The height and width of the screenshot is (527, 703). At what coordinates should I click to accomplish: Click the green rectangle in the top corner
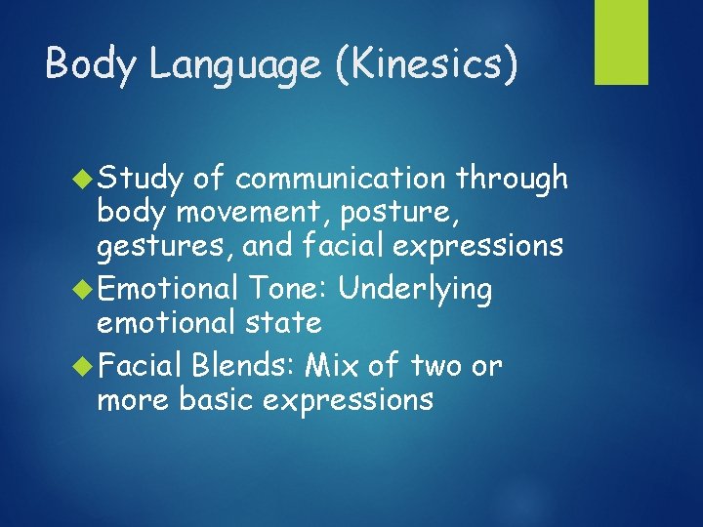point(622,42)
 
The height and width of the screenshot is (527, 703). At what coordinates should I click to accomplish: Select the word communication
point(345,179)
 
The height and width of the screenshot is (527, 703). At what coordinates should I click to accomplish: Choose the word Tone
point(289,289)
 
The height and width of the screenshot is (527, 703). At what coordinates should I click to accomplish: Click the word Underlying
point(417,290)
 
